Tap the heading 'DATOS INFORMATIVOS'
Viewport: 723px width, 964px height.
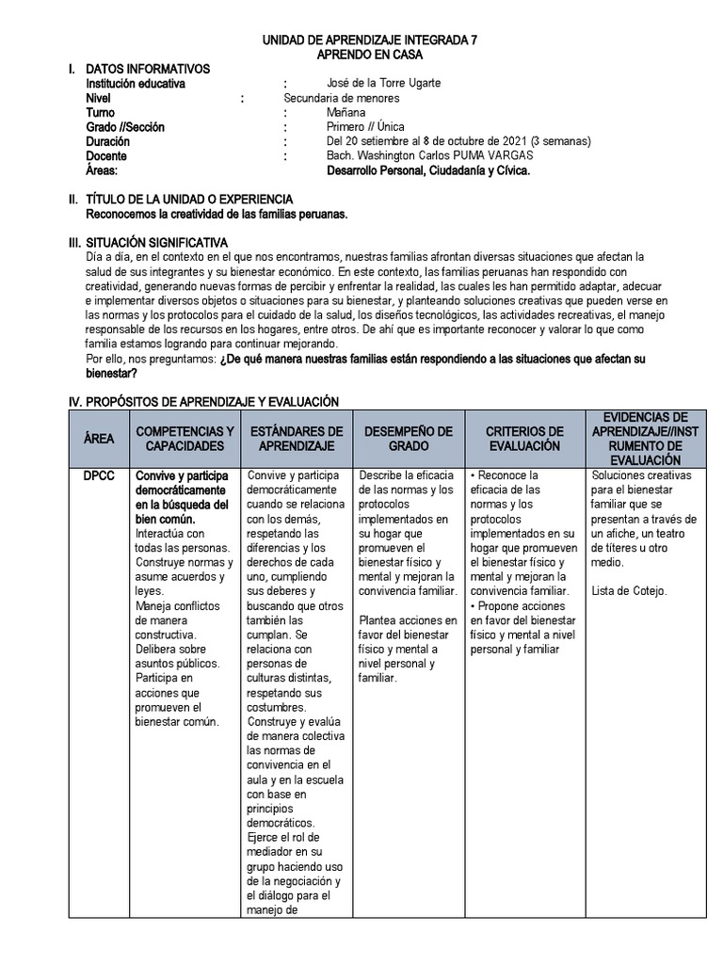(x=148, y=69)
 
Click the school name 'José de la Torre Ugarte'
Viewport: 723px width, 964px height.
(x=383, y=84)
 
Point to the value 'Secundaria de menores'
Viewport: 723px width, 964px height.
(x=342, y=98)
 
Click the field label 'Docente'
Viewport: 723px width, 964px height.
(x=106, y=156)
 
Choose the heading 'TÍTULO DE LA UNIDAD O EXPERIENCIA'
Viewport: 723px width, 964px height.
(x=189, y=200)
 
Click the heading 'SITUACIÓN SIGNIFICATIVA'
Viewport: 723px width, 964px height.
(x=156, y=242)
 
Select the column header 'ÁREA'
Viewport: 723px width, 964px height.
(x=99, y=439)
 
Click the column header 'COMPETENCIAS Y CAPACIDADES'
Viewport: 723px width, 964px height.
(x=185, y=439)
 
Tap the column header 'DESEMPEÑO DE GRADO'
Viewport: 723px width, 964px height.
(x=408, y=439)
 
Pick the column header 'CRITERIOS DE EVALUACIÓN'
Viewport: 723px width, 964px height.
(x=524, y=439)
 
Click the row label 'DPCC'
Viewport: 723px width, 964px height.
(x=99, y=476)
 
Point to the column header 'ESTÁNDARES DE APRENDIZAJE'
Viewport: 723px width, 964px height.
(x=297, y=439)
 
